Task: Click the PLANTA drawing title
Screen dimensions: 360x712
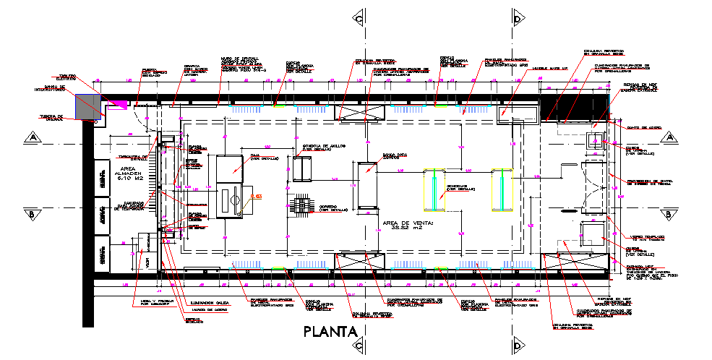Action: (x=331, y=333)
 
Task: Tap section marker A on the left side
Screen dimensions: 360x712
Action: (x=32, y=136)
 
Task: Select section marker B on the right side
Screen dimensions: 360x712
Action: (x=669, y=214)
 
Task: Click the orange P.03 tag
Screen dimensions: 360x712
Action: (x=255, y=196)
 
